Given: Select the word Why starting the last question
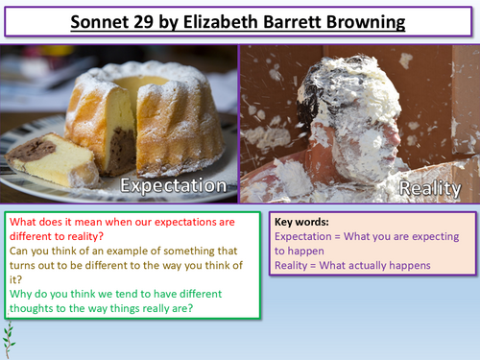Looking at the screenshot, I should click(19, 298).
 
